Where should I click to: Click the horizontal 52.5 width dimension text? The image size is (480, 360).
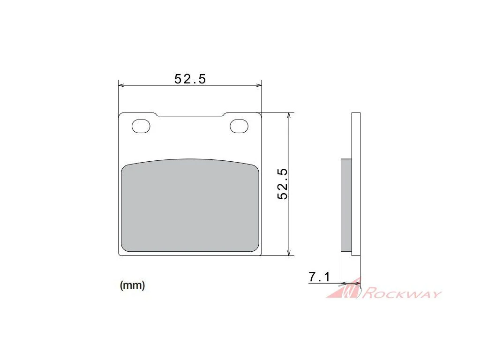click(190, 79)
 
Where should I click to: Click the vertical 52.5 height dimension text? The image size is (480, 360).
click(283, 184)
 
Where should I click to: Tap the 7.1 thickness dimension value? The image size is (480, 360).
click(320, 277)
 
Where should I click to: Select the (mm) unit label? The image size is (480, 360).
click(132, 285)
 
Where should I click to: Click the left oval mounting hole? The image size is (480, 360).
click(141, 126)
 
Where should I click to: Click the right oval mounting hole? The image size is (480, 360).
click(239, 126)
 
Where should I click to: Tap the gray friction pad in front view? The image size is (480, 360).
click(190, 206)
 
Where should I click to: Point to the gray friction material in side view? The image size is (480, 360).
click(346, 205)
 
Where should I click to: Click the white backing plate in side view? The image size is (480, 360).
click(356, 184)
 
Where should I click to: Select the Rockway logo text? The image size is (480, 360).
click(402, 293)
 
